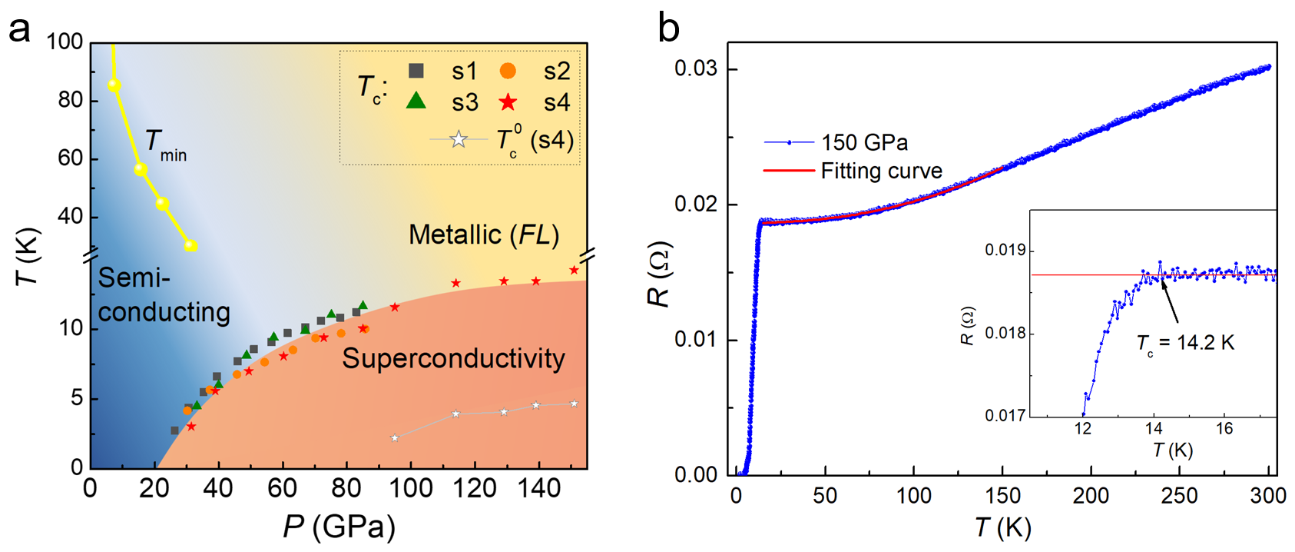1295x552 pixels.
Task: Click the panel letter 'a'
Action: pyautogui.click(x=19, y=31)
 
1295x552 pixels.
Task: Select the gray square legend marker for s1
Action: pyautogui.click(x=416, y=71)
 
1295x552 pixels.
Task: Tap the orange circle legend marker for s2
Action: pyautogui.click(x=507, y=71)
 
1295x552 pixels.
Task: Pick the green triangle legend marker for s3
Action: pyautogui.click(x=416, y=101)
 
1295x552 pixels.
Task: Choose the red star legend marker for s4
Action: pyautogui.click(x=507, y=101)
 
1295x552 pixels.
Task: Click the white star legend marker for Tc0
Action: pyautogui.click(x=459, y=139)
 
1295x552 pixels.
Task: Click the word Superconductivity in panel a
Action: pyautogui.click(x=453, y=358)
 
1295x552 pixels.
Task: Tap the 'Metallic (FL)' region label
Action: pyautogui.click(x=483, y=234)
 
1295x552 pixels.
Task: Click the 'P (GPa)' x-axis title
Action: pyautogui.click(x=339, y=527)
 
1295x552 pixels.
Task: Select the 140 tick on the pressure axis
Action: pyautogui.click(x=538, y=488)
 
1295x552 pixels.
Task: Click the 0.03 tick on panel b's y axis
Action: pyautogui.click(x=696, y=69)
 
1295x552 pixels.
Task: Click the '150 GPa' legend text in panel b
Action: pyautogui.click(x=864, y=143)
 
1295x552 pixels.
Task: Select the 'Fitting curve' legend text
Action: pyautogui.click(x=881, y=171)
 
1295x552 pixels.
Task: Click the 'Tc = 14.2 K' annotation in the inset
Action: pyautogui.click(x=1185, y=343)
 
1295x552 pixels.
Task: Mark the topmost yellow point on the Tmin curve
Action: pyautogui.click(x=114, y=85)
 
